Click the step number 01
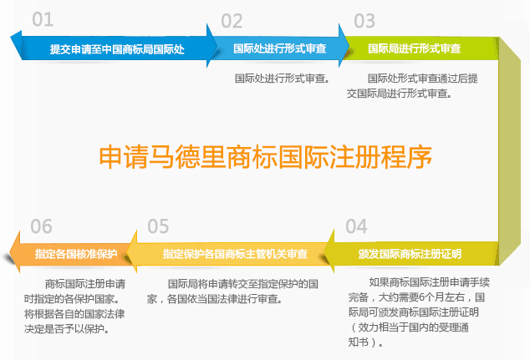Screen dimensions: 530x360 (43, 19)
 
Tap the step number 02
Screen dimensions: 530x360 (232, 21)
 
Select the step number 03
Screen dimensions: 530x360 (364, 21)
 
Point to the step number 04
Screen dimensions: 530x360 (356, 226)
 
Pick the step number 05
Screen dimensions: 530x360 (158, 226)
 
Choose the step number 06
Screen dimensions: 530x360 (41, 226)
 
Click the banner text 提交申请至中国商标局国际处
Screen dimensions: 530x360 (117, 49)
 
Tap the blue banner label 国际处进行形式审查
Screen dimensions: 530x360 (279, 48)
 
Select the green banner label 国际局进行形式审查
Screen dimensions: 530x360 (414, 48)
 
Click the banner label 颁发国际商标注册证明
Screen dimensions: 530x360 (410, 254)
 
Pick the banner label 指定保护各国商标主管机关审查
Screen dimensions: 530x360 (235, 254)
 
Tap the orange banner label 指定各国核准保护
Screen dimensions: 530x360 (76, 254)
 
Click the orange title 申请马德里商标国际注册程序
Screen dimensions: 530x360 (265, 157)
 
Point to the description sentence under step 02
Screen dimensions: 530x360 (283, 79)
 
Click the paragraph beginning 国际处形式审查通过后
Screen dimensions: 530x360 (412, 86)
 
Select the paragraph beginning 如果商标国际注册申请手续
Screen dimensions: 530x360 (419, 312)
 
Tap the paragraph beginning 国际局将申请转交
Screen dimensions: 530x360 (232, 292)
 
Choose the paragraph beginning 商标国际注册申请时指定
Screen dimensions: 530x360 (74, 307)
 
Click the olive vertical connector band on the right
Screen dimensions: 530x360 (509, 151)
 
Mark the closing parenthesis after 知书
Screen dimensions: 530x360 (374, 342)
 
